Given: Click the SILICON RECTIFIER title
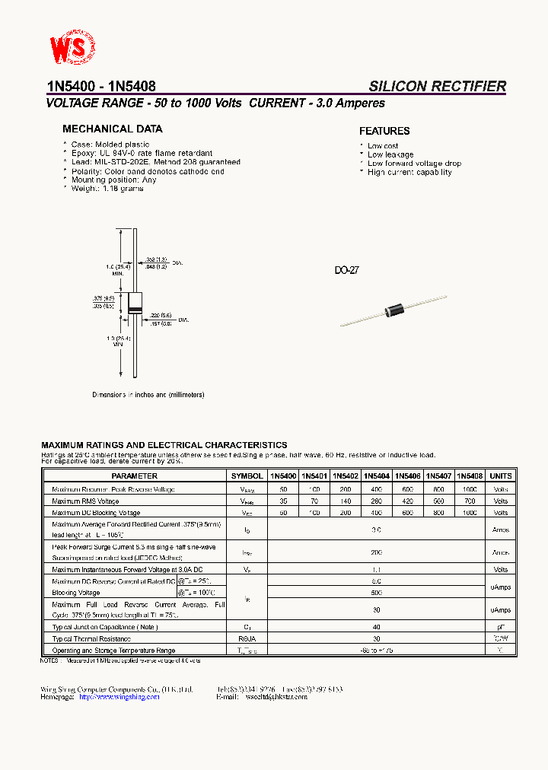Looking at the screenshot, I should (x=437, y=87).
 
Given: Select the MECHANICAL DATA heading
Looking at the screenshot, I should (x=112, y=129).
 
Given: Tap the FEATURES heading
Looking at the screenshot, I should (x=384, y=131).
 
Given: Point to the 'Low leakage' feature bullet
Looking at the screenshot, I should (x=390, y=154).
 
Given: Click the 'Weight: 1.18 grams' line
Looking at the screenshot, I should (x=107, y=189).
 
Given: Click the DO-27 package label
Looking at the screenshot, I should (x=346, y=271).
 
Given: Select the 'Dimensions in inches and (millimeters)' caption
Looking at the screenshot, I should (x=148, y=395).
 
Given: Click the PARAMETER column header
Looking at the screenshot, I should (x=134, y=476).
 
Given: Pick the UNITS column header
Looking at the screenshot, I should (x=500, y=476).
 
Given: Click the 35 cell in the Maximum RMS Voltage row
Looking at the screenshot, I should (x=283, y=501).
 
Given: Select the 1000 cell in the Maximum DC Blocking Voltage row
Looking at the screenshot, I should (x=470, y=514).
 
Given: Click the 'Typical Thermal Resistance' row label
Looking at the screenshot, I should (x=91, y=639).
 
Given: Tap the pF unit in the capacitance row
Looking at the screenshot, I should (x=500, y=628).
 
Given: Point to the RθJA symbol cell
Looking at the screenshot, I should (x=247, y=639).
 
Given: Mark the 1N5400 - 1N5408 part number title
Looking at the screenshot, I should (x=101, y=87).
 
